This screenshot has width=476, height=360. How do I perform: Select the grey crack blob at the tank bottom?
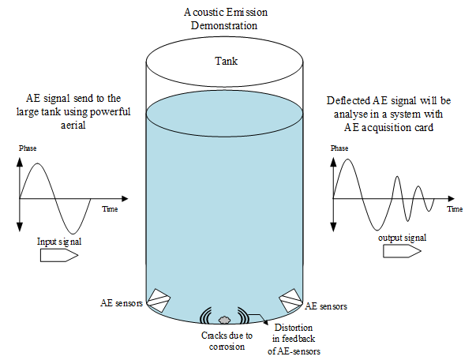[225, 320]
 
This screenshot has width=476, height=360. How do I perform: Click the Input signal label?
[58, 238]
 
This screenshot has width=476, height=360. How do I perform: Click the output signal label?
[403, 237]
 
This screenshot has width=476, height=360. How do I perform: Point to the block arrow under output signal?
[402, 251]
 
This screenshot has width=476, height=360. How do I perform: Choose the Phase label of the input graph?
[27, 148]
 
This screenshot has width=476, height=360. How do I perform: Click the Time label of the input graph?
[111, 209]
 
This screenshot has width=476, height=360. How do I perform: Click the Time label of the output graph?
[455, 209]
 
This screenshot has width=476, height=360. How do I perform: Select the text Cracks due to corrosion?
[226, 340]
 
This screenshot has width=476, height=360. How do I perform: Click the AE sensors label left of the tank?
[122, 302]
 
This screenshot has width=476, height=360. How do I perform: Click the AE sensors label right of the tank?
[326, 306]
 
